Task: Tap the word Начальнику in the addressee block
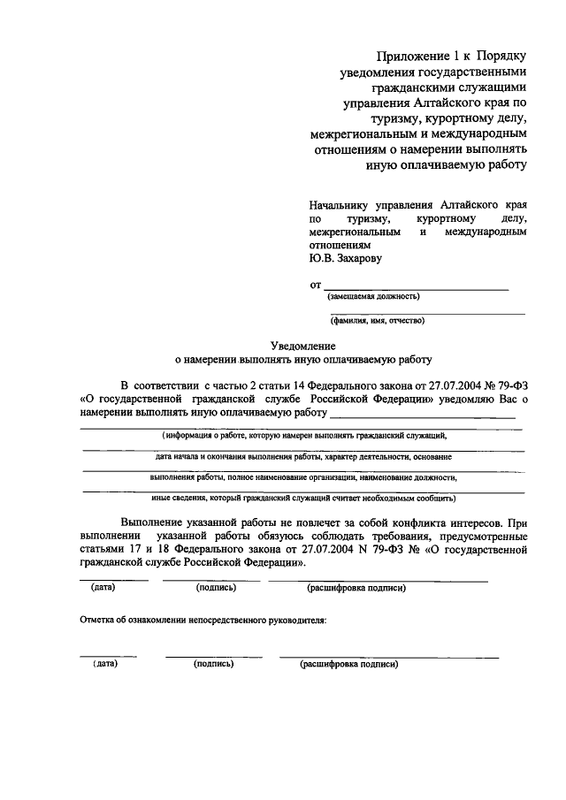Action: [337, 203]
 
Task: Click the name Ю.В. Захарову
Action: [346, 259]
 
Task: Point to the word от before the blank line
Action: [315, 286]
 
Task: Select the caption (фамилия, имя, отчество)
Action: [378, 321]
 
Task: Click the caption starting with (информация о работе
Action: [303, 436]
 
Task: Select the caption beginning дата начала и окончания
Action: [303, 457]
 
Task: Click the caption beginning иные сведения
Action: [303, 498]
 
